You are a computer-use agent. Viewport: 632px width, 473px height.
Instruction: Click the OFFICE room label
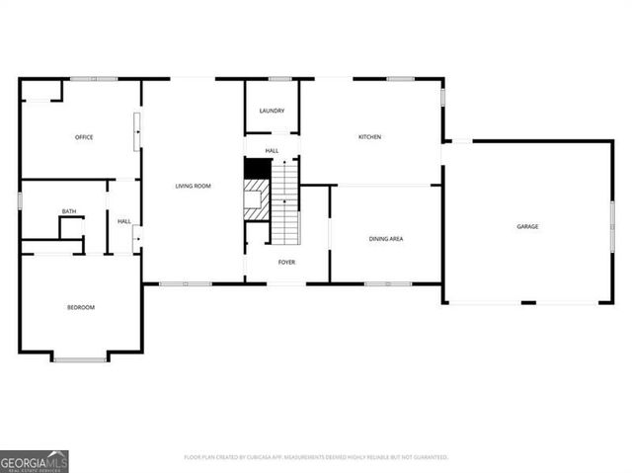click(x=84, y=137)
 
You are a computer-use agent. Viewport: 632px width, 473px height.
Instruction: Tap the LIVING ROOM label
click(x=193, y=186)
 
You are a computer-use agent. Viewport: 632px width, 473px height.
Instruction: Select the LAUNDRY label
click(x=272, y=112)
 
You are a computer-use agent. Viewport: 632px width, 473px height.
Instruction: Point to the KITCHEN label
click(x=369, y=137)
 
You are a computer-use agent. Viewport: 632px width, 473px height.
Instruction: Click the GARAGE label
click(x=527, y=227)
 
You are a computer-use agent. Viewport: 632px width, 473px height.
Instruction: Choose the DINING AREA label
click(x=385, y=239)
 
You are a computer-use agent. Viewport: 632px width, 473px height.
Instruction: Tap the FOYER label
click(x=286, y=262)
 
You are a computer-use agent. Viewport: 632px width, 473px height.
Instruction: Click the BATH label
click(x=69, y=211)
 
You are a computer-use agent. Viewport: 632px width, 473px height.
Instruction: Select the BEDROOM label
click(x=81, y=308)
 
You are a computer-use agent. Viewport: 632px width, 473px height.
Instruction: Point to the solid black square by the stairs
click(x=257, y=168)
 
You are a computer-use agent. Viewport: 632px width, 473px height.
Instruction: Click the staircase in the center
click(x=285, y=202)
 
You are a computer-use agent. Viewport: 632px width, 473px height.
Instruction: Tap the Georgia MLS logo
click(x=35, y=461)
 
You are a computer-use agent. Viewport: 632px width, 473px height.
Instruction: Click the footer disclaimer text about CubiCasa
click(x=316, y=457)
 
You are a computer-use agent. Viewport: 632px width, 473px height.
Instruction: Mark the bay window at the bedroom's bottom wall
click(x=80, y=358)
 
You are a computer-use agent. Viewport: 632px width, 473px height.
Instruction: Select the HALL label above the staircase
click(x=272, y=150)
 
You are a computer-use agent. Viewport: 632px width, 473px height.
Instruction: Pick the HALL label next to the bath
click(x=124, y=221)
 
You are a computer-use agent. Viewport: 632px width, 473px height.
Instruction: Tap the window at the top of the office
click(x=94, y=79)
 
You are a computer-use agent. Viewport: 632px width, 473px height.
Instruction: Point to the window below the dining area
click(x=388, y=284)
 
